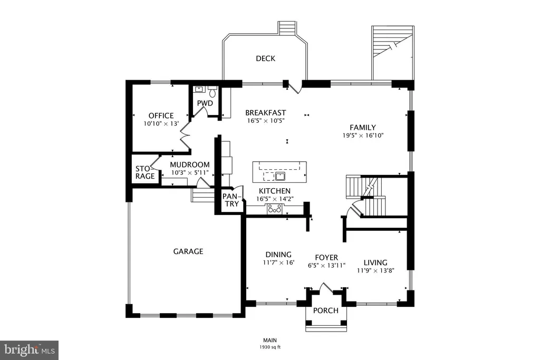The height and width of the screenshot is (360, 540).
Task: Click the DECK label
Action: [x=266, y=59]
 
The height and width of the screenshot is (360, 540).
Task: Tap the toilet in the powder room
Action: [x=213, y=92]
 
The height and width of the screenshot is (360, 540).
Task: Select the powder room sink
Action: [x=199, y=89]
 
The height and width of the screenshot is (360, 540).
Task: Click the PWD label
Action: [x=205, y=103]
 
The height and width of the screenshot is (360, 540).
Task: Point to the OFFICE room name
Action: [x=161, y=115]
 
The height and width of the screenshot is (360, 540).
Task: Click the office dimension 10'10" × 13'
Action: [x=161, y=123]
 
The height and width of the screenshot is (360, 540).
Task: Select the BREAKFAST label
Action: [x=266, y=113]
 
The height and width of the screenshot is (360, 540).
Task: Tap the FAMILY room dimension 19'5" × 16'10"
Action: [x=363, y=135]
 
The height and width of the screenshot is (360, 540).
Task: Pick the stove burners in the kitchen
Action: [x=275, y=209]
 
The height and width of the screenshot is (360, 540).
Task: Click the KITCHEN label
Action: [x=274, y=191]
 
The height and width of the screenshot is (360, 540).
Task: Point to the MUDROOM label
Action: [x=190, y=165]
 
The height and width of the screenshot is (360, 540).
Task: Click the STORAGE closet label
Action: [x=144, y=172]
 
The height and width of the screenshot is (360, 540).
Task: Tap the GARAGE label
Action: [x=188, y=251]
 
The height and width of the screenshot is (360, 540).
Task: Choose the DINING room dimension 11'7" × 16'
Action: [x=278, y=263]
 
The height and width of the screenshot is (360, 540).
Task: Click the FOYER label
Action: [x=326, y=257]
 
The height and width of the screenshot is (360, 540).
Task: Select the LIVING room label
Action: [x=375, y=262]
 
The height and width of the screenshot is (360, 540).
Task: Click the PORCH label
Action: [x=326, y=310]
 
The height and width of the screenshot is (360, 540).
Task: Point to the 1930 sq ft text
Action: [x=270, y=347]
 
